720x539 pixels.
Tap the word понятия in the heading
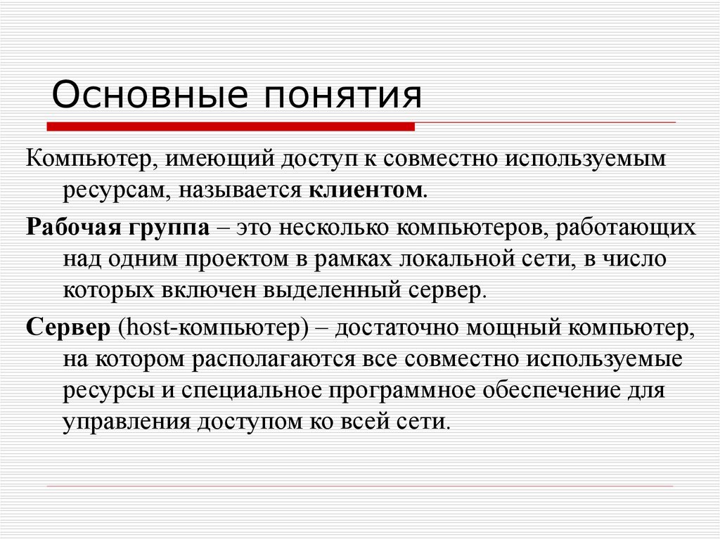(342, 96)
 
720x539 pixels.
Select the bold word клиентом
(365, 190)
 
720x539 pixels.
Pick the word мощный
(511, 328)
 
